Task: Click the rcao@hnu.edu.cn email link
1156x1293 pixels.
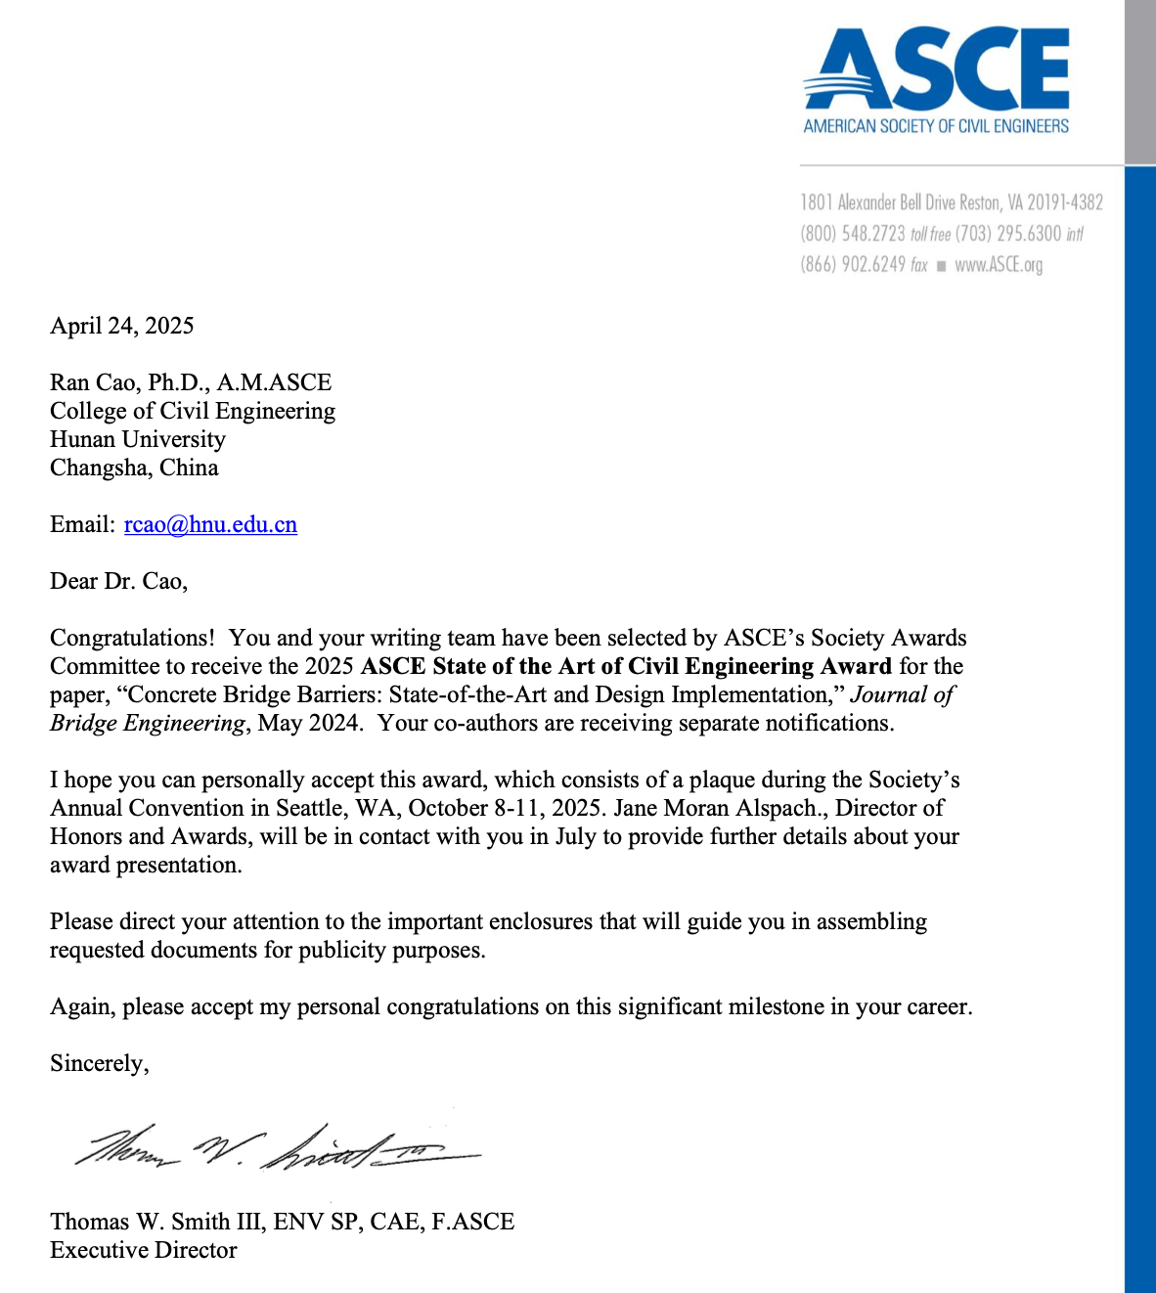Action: [x=210, y=525]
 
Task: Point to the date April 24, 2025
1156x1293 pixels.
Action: [x=122, y=326]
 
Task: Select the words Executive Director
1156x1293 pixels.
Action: [x=144, y=1250]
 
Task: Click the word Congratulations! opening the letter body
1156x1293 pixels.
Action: [x=132, y=638]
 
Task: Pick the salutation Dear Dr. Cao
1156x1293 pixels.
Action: [x=118, y=582]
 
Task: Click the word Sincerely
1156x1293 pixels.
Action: [x=99, y=1063]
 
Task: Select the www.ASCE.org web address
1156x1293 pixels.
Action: [x=999, y=265]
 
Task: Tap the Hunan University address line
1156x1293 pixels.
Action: [x=138, y=439]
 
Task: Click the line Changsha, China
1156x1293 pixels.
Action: [x=134, y=468]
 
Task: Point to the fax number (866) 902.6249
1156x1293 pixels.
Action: [x=853, y=265]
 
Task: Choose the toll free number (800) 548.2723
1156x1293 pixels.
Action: [x=853, y=234]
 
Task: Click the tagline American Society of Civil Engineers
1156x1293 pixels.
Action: [x=936, y=126]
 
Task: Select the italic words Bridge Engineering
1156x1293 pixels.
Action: [x=148, y=723]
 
